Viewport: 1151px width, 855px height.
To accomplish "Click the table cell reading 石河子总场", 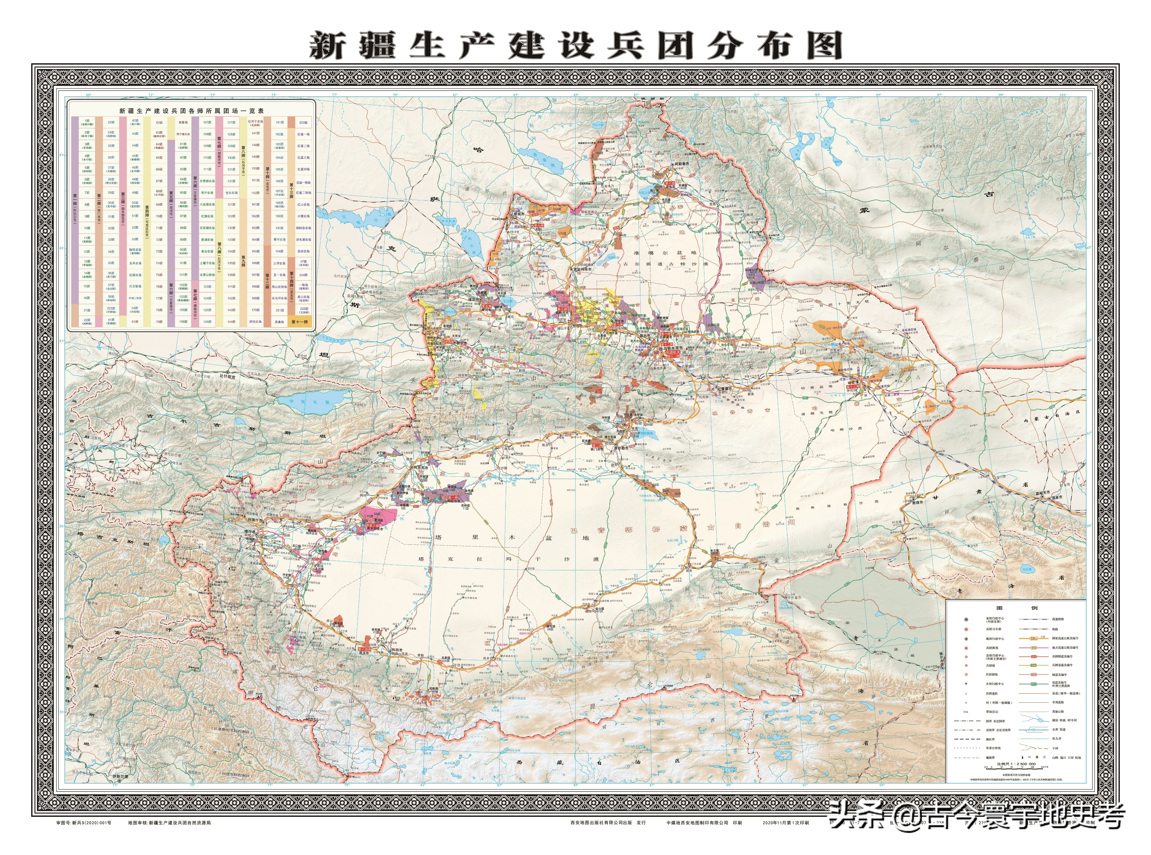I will click(255, 122).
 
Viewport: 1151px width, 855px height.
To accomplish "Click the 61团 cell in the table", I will click(135, 321).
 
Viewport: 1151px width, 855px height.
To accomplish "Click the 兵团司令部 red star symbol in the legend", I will click(966, 629).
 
